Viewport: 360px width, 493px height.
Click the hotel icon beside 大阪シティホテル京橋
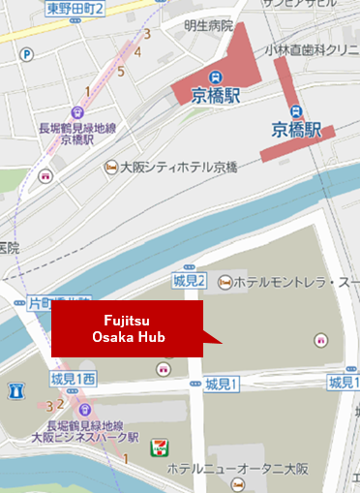(x=112, y=168)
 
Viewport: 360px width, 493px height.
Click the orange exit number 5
(x=120, y=71)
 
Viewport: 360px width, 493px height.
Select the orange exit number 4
(x=139, y=51)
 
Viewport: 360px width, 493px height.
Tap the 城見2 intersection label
(x=189, y=281)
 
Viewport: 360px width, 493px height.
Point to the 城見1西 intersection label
(x=72, y=377)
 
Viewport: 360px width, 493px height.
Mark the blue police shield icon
(x=15, y=391)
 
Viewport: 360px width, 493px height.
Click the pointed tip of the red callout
(x=223, y=342)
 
